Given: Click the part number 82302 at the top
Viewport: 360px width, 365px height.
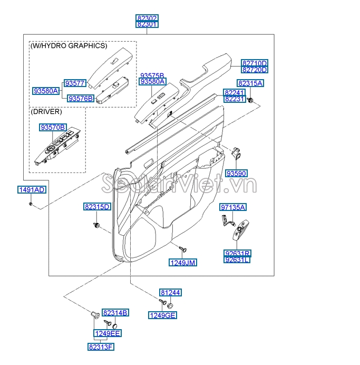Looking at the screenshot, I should (x=147, y=17).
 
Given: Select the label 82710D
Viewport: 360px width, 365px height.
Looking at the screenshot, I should (x=255, y=63).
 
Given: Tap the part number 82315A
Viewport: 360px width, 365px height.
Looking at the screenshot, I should (x=250, y=83).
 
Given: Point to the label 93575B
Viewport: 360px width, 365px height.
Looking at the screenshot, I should (x=152, y=75).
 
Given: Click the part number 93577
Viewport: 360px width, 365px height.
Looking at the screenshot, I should (x=75, y=83).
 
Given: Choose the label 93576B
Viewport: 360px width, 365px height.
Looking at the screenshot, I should (x=81, y=98).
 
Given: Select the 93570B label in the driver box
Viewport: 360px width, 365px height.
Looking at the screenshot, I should (x=53, y=128).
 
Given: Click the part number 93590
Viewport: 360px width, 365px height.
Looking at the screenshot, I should (x=237, y=174).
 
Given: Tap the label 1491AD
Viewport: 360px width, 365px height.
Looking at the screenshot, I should (x=32, y=190).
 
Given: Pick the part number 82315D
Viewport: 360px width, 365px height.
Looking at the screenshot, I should (x=97, y=207).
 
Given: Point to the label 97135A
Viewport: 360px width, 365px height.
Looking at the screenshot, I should (x=233, y=208).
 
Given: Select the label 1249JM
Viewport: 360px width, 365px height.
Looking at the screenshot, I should (x=182, y=262).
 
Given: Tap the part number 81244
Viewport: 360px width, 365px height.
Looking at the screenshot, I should (x=171, y=292).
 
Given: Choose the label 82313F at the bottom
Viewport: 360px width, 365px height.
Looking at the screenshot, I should (x=101, y=347).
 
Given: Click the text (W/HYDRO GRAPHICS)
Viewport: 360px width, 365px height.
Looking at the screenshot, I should (x=69, y=46).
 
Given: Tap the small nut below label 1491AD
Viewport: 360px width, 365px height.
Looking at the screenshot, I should (x=32, y=203).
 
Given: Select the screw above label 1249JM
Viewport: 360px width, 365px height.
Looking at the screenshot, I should (x=183, y=248).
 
